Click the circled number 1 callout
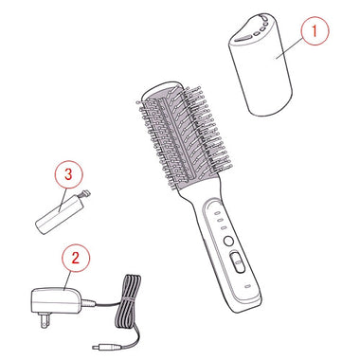pos(315,31)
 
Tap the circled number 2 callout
pos(76,258)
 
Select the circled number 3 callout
pos(68,174)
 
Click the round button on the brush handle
pos(227,242)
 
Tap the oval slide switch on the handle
pos(238,261)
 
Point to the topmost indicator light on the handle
pos(218,214)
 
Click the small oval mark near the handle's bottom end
pos(247,287)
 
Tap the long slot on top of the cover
pos(243,39)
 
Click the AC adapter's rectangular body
pos(56,300)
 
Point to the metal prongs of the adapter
pos(45,320)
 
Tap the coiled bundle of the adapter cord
pos(128,299)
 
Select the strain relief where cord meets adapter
pos(88,303)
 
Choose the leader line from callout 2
pos(66,280)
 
